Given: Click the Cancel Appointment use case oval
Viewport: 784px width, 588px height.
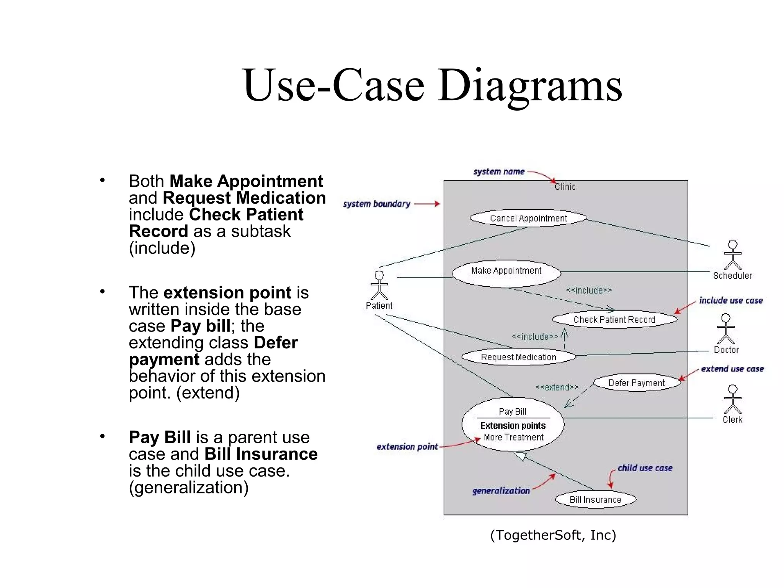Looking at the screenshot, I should (x=528, y=218).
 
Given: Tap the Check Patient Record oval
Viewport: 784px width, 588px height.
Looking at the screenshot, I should (x=614, y=320).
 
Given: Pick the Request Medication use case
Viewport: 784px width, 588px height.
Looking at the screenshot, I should (x=519, y=357).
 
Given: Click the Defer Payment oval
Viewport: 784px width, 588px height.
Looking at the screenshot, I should (x=637, y=383).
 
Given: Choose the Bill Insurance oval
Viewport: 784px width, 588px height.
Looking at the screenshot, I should (x=596, y=500).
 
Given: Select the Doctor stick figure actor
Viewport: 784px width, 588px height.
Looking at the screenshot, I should (x=726, y=329).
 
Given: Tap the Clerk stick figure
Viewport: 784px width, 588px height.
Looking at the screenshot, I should (x=733, y=400).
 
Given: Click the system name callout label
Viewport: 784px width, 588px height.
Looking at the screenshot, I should (x=499, y=172).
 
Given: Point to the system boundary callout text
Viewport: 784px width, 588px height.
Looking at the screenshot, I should (x=376, y=204).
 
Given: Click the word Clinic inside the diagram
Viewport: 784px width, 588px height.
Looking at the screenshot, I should (x=565, y=187).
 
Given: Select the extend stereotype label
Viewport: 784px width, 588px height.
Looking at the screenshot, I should (x=557, y=387).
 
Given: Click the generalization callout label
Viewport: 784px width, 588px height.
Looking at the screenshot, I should (x=501, y=491).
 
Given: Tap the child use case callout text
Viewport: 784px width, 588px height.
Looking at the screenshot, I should (x=645, y=468).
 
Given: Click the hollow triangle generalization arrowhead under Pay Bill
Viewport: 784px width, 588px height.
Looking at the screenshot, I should (x=521, y=456).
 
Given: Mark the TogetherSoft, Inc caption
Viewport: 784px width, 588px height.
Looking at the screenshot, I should (x=553, y=535).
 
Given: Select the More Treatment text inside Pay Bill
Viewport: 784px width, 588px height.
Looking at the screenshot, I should (x=513, y=437).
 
